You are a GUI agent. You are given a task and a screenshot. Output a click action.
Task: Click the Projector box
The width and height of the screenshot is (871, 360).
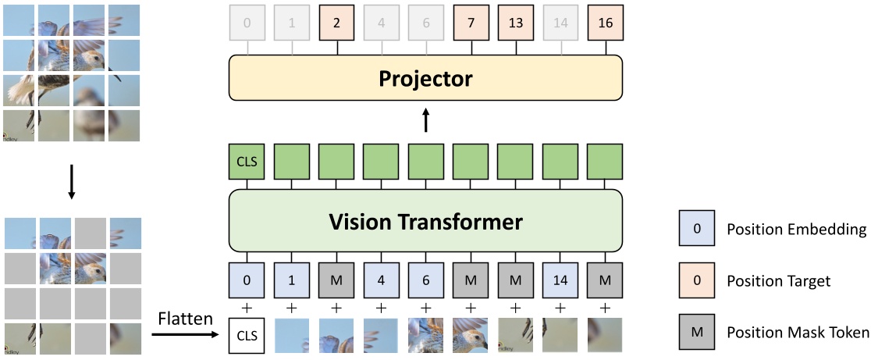pos(425,79)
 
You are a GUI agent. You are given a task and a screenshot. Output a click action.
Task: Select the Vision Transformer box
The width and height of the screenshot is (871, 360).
pos(425,222)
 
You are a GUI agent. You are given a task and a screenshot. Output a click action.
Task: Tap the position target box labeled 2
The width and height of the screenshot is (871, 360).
pos(337,22)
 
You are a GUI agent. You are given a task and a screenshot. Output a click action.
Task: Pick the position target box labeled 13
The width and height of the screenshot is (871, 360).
pos(516,22)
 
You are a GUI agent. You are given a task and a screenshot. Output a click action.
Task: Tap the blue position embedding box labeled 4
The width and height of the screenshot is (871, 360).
pos(382,277)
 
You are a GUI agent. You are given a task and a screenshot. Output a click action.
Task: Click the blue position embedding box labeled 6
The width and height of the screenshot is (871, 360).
pos(426,277)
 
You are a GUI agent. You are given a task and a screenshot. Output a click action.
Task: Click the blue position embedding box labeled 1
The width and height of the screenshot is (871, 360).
pos(292,277)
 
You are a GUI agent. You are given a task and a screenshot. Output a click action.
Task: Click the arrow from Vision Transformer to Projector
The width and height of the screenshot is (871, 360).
pos(425,120)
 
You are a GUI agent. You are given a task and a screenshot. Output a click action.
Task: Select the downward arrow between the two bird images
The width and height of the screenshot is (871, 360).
pos(71,181)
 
